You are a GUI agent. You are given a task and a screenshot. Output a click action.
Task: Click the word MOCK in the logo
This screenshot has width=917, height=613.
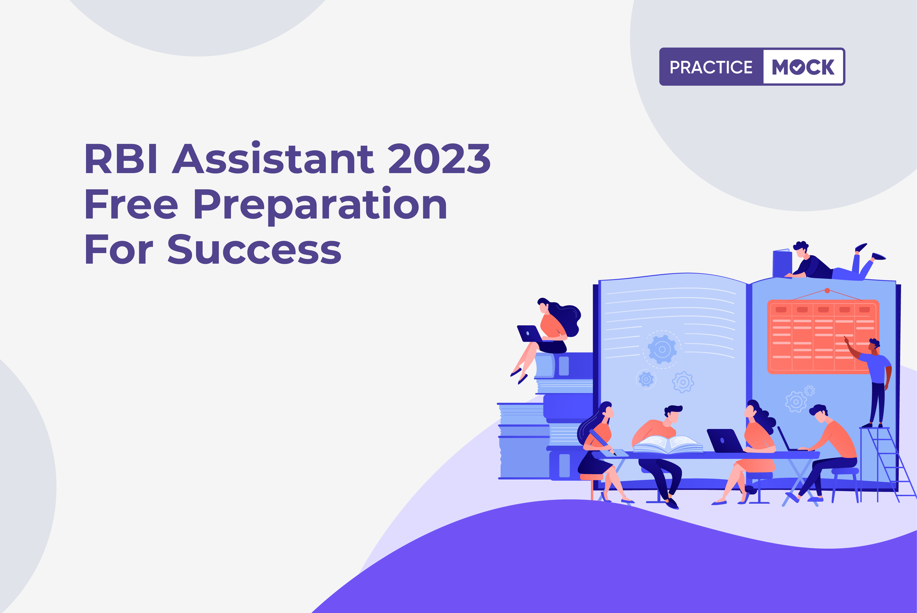tap(803, 67)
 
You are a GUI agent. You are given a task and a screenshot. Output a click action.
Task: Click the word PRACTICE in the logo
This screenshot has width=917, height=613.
tap(711, 67)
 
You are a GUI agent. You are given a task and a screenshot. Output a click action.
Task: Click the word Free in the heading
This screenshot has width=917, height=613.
tap(131, 204)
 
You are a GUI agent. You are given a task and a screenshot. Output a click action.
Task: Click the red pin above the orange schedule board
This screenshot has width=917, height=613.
tap(827, 291)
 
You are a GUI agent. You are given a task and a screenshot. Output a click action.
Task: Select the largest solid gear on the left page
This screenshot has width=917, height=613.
tap(662, 349)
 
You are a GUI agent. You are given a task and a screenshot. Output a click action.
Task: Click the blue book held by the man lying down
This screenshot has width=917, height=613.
tap(782, 263)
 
